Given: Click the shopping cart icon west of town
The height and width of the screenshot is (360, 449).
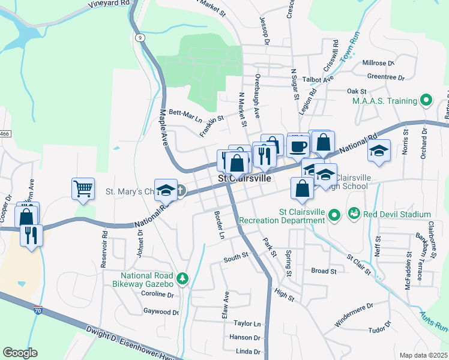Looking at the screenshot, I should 83,189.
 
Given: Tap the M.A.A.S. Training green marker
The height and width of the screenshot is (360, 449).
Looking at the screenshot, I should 427,100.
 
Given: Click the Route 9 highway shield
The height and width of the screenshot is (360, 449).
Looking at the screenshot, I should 139,37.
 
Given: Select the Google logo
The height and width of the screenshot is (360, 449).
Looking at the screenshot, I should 20,353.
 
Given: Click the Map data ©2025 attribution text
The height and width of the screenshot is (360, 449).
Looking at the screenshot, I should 423,355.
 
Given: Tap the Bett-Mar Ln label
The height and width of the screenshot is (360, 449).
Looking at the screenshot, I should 185,116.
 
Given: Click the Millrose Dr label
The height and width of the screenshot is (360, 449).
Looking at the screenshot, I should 378,62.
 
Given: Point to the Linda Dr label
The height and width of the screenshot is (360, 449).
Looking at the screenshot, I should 248,352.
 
